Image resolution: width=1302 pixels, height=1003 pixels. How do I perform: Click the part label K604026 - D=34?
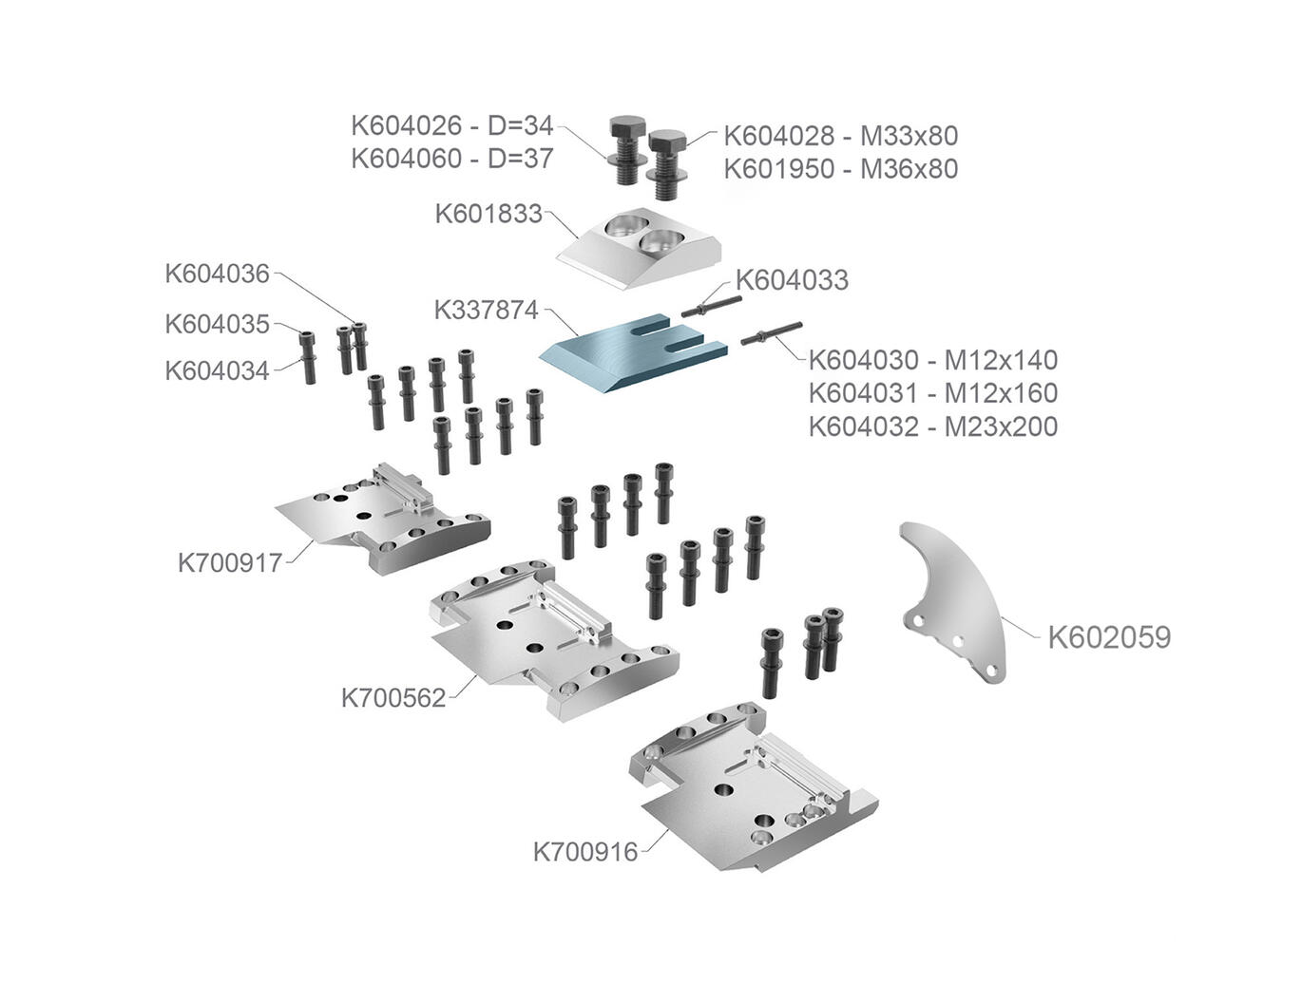[x=451, y=125]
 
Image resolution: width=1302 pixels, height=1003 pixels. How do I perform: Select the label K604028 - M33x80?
[x=840, y=136]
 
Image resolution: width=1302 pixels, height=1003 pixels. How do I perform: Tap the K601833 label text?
[x=488, y=214]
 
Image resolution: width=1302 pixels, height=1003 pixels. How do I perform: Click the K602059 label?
[x=1109, y=637]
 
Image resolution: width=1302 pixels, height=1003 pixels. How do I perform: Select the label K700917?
[x=230, y=563]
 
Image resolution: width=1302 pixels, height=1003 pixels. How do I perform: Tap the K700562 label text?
[x=393, y=698]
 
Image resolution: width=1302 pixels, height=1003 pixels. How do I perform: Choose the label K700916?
[x=585, y=851]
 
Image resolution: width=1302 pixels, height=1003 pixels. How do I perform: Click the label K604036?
[x=218, y=274]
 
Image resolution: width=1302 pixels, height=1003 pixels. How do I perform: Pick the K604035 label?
[x=218, y=324]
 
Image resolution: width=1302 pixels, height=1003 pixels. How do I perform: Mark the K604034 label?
[x=218, y=370]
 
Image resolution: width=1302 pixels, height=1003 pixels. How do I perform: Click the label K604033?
[x=792, y=280]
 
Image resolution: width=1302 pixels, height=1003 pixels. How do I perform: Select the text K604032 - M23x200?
[x=932, y=426]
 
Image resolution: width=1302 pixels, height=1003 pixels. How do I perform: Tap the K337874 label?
[x=487, y=310]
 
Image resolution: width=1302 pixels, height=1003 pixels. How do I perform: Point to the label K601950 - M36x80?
[x=840, y=169]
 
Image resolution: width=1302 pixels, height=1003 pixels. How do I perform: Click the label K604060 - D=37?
[x=451, y=159]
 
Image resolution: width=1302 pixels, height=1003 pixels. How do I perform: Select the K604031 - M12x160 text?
[x=932, y=393]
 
